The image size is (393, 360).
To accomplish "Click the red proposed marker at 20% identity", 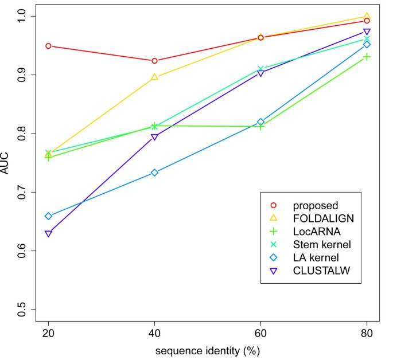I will coord(48,46).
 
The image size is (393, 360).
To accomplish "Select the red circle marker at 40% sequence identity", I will coord(154,61).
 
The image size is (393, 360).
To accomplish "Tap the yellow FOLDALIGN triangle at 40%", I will coord(154,77).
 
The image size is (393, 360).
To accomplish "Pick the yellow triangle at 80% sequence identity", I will coord(367,16).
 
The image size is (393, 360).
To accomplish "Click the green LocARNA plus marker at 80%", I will coord(367,57).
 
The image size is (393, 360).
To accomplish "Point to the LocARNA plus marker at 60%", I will coord(261,126).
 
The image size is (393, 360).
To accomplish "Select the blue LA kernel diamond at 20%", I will coord(48,216).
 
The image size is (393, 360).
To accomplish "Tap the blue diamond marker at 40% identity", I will coord(154,173).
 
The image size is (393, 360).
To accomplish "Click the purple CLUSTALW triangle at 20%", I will coord(48,234).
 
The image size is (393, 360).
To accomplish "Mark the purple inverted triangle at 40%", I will coord(154,137).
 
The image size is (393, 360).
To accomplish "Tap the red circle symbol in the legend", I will coord(274,205).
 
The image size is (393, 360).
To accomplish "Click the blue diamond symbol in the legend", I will coord(274,257).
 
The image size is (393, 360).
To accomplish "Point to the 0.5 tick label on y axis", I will coord(24,310).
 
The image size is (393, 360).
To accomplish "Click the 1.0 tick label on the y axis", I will coord(24,16).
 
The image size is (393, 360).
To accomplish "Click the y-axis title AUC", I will coord(7,163).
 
